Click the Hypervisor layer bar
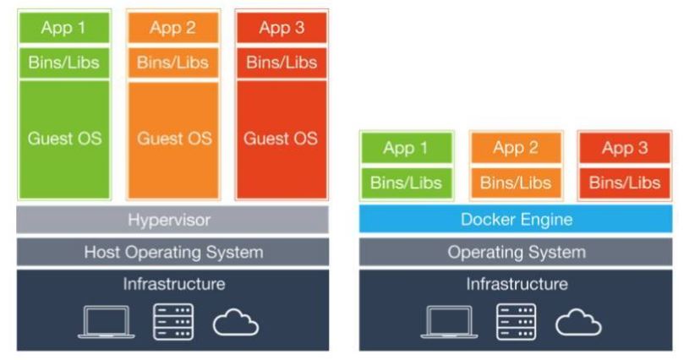click(x=172, y=221)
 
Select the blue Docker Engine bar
click(x=516, y=220)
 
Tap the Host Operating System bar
click(x=172, y=252)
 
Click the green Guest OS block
click(x=64, y=139)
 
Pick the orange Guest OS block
click(x=173, y=139)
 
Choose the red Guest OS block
click(x=281, y=139)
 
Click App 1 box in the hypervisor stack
click(x=64, y=29)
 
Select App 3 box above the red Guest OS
click(x=281, y=29)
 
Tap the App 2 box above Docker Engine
click(x=516, y=148)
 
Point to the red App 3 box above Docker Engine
click(x=624, y=148)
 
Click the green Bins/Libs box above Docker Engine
click(x=407, y=183)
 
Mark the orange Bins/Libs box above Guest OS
click(x=173, y=63)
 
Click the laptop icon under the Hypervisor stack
click(x=106, y=322)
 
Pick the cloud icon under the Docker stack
click(x=578, y=322)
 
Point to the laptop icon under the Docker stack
click(x=449, y=322)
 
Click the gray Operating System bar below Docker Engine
click(x=516, y=252)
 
